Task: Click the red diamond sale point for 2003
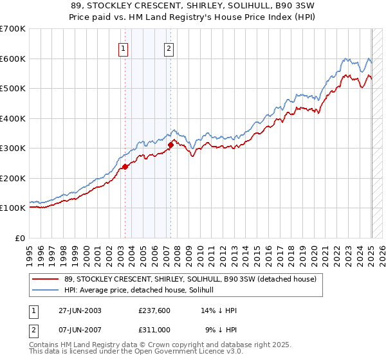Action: (125, 166)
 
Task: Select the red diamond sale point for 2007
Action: (171, 145)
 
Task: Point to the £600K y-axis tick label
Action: (13, 59)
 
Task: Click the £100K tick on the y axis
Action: (13, 208)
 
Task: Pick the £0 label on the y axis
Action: (21, 238)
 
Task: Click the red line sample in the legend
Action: (44, 280)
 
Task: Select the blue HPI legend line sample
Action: (44, 290)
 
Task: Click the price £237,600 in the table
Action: (155, 310)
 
